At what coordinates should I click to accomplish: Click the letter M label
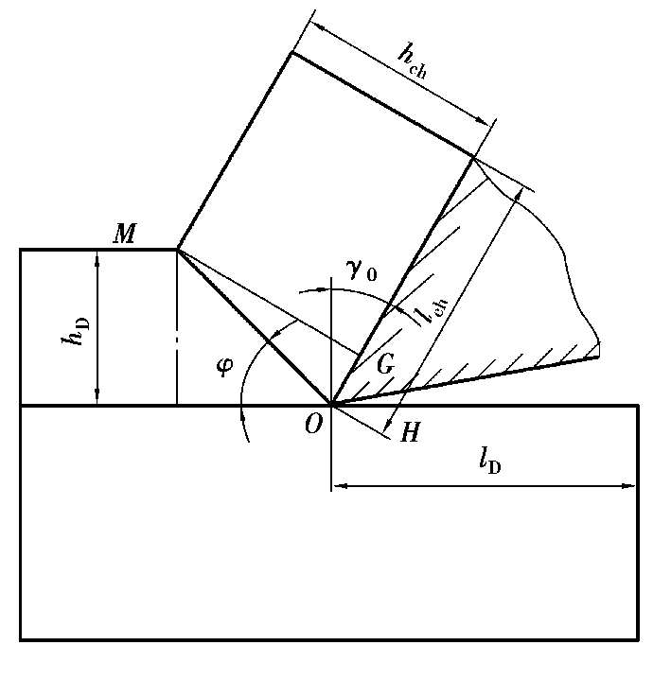[x=125, y=234]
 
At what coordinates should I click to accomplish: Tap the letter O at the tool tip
[x=313, y=424]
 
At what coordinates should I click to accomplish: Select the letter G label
[x=385, y=363]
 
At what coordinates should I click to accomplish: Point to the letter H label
[x=410, y=431]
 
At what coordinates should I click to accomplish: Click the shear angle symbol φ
[x=224, y=367]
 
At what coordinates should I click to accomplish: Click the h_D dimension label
[x=75, y=332]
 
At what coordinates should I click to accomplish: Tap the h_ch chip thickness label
[x=413, y=62]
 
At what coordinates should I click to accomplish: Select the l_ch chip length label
[x=435, y=310]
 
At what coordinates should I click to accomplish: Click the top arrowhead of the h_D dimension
[x=97, y=256]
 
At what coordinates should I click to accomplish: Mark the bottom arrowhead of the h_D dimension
[x=97, y=398]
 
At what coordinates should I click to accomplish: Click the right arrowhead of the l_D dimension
[x=629, y=486]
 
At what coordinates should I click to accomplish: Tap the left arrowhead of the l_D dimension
[x=340, y=486]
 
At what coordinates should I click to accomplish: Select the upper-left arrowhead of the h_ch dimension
[x=320, y=26]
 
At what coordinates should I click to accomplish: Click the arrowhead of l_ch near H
[x=388, y=425]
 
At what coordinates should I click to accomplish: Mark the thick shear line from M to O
[x=254, y=327]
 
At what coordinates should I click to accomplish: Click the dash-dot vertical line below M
[x=177, y=328]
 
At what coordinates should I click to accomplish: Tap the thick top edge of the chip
[x=382, y=105]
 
